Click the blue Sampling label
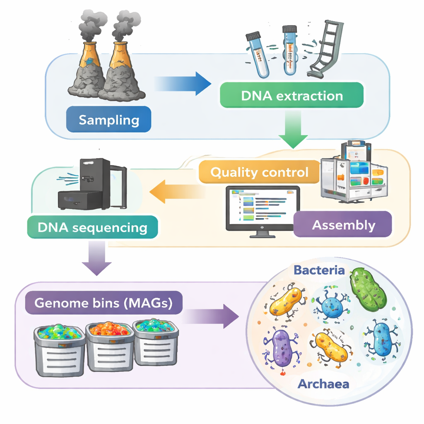[x=109, y=120]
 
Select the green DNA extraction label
[x=292, y=96]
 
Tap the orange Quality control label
[x=260, y=172]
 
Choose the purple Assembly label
[x=343, y=225]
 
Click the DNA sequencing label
[x=92, y=227]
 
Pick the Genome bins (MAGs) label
[x=103, y=303]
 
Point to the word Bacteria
[x=319, y=270]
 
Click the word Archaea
[x=323, y=383]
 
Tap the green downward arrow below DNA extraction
[x=293, y=132]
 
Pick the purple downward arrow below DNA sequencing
[x=96, y=259]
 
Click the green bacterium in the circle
[x=368, y=289]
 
